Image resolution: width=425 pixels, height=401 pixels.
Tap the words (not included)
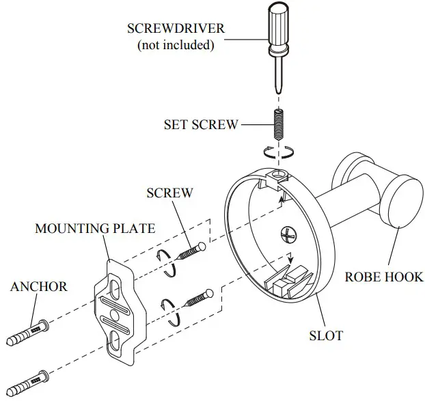point(176,46)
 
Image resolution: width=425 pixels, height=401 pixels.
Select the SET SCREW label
point(201,125)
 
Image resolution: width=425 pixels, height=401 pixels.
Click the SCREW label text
point(169,193)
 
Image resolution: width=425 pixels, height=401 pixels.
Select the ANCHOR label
point(39,286)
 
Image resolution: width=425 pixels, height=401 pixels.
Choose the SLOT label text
point(325,335)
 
